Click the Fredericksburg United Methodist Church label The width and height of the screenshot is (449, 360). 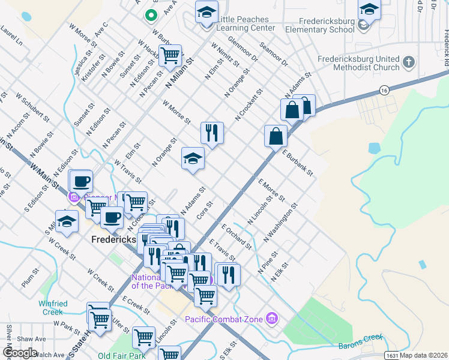[358, 64]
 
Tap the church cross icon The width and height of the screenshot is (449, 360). [408, 62]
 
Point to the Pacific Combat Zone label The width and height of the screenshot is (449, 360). [224, 319]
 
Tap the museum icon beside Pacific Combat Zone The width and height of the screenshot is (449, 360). [271, 317]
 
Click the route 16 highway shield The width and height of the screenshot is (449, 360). [383, 90]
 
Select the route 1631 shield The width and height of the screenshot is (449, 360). [391, 355]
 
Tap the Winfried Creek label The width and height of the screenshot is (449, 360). [53, 308]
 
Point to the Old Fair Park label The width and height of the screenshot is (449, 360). [121, 355]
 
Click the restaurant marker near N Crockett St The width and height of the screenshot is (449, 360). [211, 133]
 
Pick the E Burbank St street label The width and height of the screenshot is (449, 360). [298, 163]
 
